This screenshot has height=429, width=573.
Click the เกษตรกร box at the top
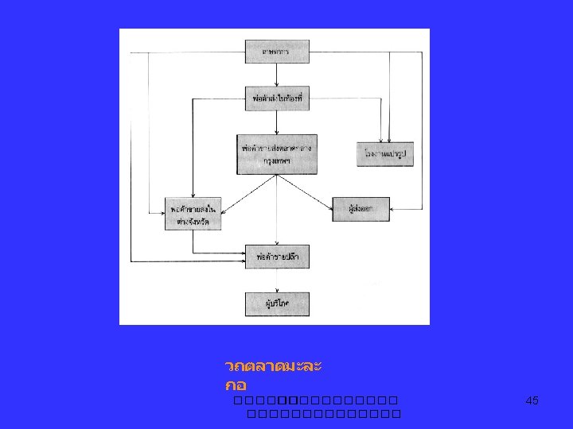[x=276, y=52]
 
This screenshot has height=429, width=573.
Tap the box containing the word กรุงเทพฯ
[x=276, y=154]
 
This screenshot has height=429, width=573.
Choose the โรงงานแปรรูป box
[x=386, y=153]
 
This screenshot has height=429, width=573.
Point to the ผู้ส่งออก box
[x=361, y=209]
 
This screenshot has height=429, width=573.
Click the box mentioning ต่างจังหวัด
[x=193, y=213]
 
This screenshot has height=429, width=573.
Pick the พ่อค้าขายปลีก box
[x=277, y=256]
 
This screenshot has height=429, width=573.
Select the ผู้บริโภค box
[x=276, y=303]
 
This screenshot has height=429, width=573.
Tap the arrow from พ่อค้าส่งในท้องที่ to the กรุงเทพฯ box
[x=276, y=122]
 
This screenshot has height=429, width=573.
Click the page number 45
[x=532, y=401]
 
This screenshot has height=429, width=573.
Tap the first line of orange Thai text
[x=273, y=367]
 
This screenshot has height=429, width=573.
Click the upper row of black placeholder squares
[x=311, y=400]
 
